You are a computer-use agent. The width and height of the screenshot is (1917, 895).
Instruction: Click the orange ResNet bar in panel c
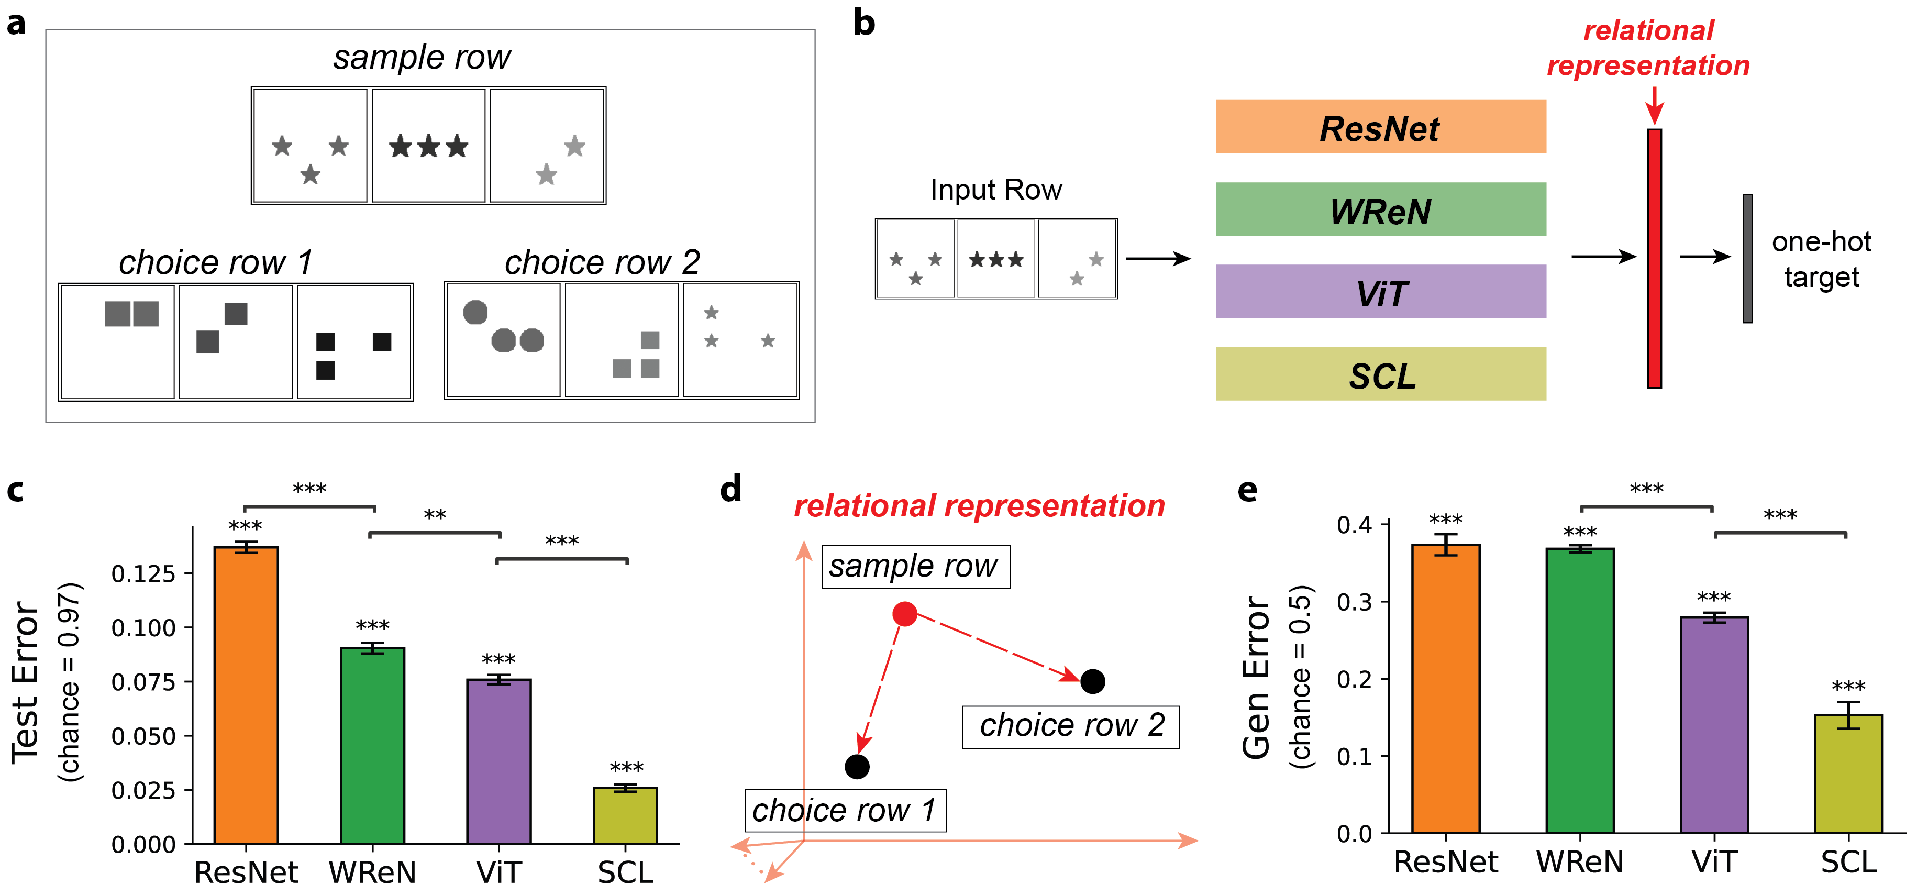coord(246,695)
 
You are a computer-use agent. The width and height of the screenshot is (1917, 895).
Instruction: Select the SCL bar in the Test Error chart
coord(625,815)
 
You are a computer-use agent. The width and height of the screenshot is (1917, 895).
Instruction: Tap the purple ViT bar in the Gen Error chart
coord(1714,725)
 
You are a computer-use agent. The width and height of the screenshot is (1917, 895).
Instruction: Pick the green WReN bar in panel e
coord(1580,690)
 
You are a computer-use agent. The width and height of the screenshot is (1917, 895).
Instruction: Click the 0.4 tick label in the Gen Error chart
coord(1355,525)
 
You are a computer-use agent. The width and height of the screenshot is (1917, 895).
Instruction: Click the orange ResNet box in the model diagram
coord(1380,127)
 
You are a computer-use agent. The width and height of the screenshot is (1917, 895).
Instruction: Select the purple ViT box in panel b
coord(1380,292)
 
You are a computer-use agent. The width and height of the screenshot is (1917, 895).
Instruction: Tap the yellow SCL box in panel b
coord(1380,373)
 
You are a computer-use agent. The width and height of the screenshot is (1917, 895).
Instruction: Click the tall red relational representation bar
coord(1654,258)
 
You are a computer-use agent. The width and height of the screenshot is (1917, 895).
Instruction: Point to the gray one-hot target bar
coord(1747,258)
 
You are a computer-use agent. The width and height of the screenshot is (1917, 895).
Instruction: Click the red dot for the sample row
coord(904,614)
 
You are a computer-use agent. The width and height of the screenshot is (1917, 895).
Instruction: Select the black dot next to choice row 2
coord(1092,681)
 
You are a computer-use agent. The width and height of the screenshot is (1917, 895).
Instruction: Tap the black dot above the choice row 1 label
coord(857,766)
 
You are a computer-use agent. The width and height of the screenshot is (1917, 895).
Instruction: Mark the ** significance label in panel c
coord(435,515)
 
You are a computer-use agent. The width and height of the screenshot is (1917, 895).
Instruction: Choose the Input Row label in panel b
coord(996,190)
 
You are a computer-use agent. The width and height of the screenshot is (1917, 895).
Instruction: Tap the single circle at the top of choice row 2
coord(475,313)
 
